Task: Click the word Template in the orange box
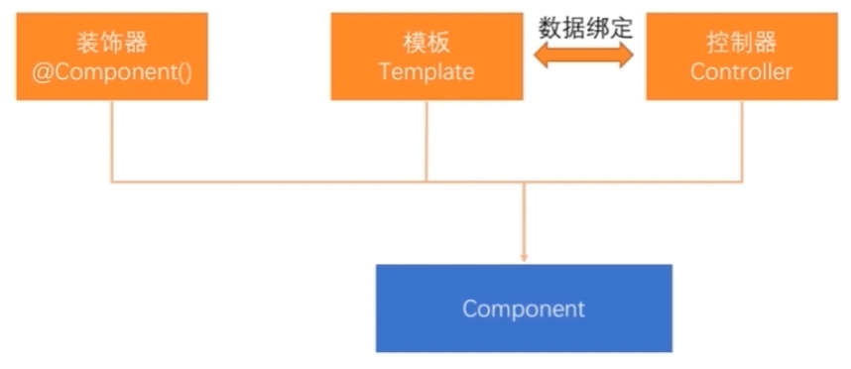coord(426,72)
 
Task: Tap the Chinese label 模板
coord(426,44)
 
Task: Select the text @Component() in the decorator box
coord(112,72)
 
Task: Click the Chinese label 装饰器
coord(112,44)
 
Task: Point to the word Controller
coord(742,72)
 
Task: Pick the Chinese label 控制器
coord(742,44)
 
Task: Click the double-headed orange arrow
coord(585,57)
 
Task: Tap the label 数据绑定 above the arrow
coord(585,27)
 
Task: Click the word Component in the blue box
coord(524,308)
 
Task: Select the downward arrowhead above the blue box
coord(524,257)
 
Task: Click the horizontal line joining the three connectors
coord(298,182)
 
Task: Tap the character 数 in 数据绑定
coord(549,27)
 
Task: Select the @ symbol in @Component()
coord(41,72)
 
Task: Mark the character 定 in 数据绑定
coord(622,27)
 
